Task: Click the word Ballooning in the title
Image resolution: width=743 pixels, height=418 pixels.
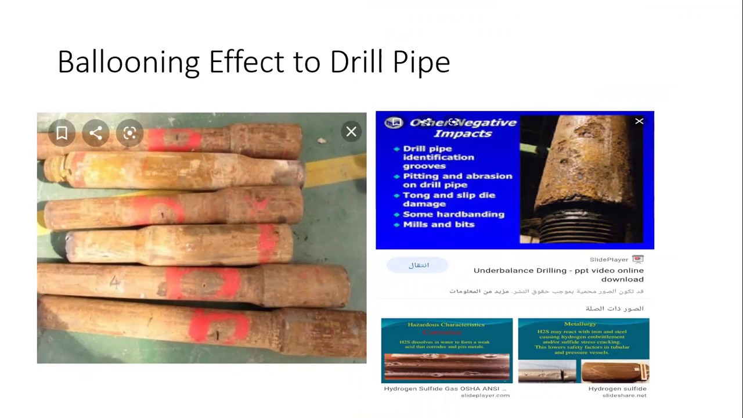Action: [129, 62]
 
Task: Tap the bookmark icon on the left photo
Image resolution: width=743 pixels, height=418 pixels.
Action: [62, 134]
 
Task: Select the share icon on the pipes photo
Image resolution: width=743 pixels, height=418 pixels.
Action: [96, 134]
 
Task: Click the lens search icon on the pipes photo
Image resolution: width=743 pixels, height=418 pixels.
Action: [129, 134]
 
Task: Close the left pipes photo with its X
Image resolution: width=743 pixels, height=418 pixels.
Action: [351, 132]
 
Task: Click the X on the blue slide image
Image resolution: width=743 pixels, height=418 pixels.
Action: [639, 121]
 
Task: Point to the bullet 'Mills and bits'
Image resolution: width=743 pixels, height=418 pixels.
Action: [438, 224]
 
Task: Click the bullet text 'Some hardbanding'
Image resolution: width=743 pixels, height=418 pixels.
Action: [453, 214]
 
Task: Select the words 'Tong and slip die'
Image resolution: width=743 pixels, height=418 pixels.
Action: [449, 195]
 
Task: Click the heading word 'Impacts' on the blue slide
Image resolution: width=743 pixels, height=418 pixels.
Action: [463, 134]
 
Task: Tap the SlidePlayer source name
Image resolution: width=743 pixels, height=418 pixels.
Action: [609, 260]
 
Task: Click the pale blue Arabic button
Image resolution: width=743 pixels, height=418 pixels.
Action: [418, 265]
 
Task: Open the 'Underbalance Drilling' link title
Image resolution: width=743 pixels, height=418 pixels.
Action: [558, 274]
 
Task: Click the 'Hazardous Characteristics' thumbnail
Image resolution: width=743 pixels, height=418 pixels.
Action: [446, 350]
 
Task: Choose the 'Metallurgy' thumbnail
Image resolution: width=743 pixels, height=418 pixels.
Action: [583, 350]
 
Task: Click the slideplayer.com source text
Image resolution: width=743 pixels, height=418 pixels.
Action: [485, 395]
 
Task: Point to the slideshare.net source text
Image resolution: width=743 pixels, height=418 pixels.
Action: [624, 395]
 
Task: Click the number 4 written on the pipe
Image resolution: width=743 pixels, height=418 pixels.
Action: [114, 283]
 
